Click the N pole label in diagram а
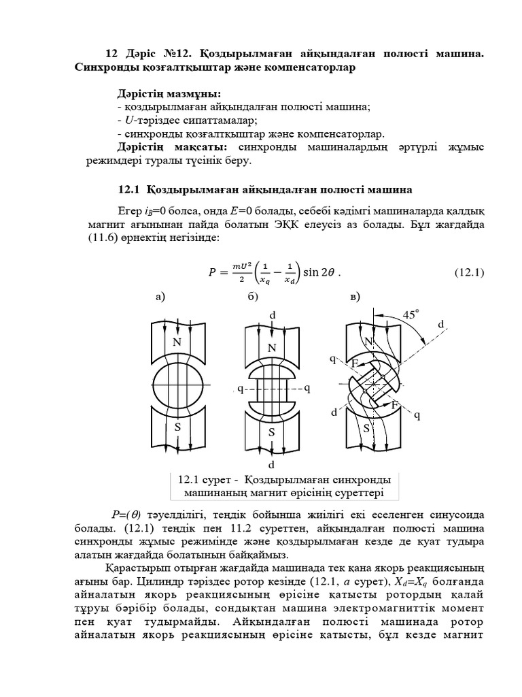(x=177, y=342)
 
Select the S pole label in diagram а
(x=177, y=427)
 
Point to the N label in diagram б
(x=272, y=348)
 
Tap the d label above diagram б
(x=273, y=315)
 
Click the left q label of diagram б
(x=240, y=388)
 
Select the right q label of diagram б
(x=307, y=388)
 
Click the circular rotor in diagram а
(x=177, y=385)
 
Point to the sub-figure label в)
(x=354, y=296)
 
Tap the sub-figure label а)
(x=161, y=296)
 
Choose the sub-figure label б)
(x=253, y=296)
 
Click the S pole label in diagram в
(x=366, y=428)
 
